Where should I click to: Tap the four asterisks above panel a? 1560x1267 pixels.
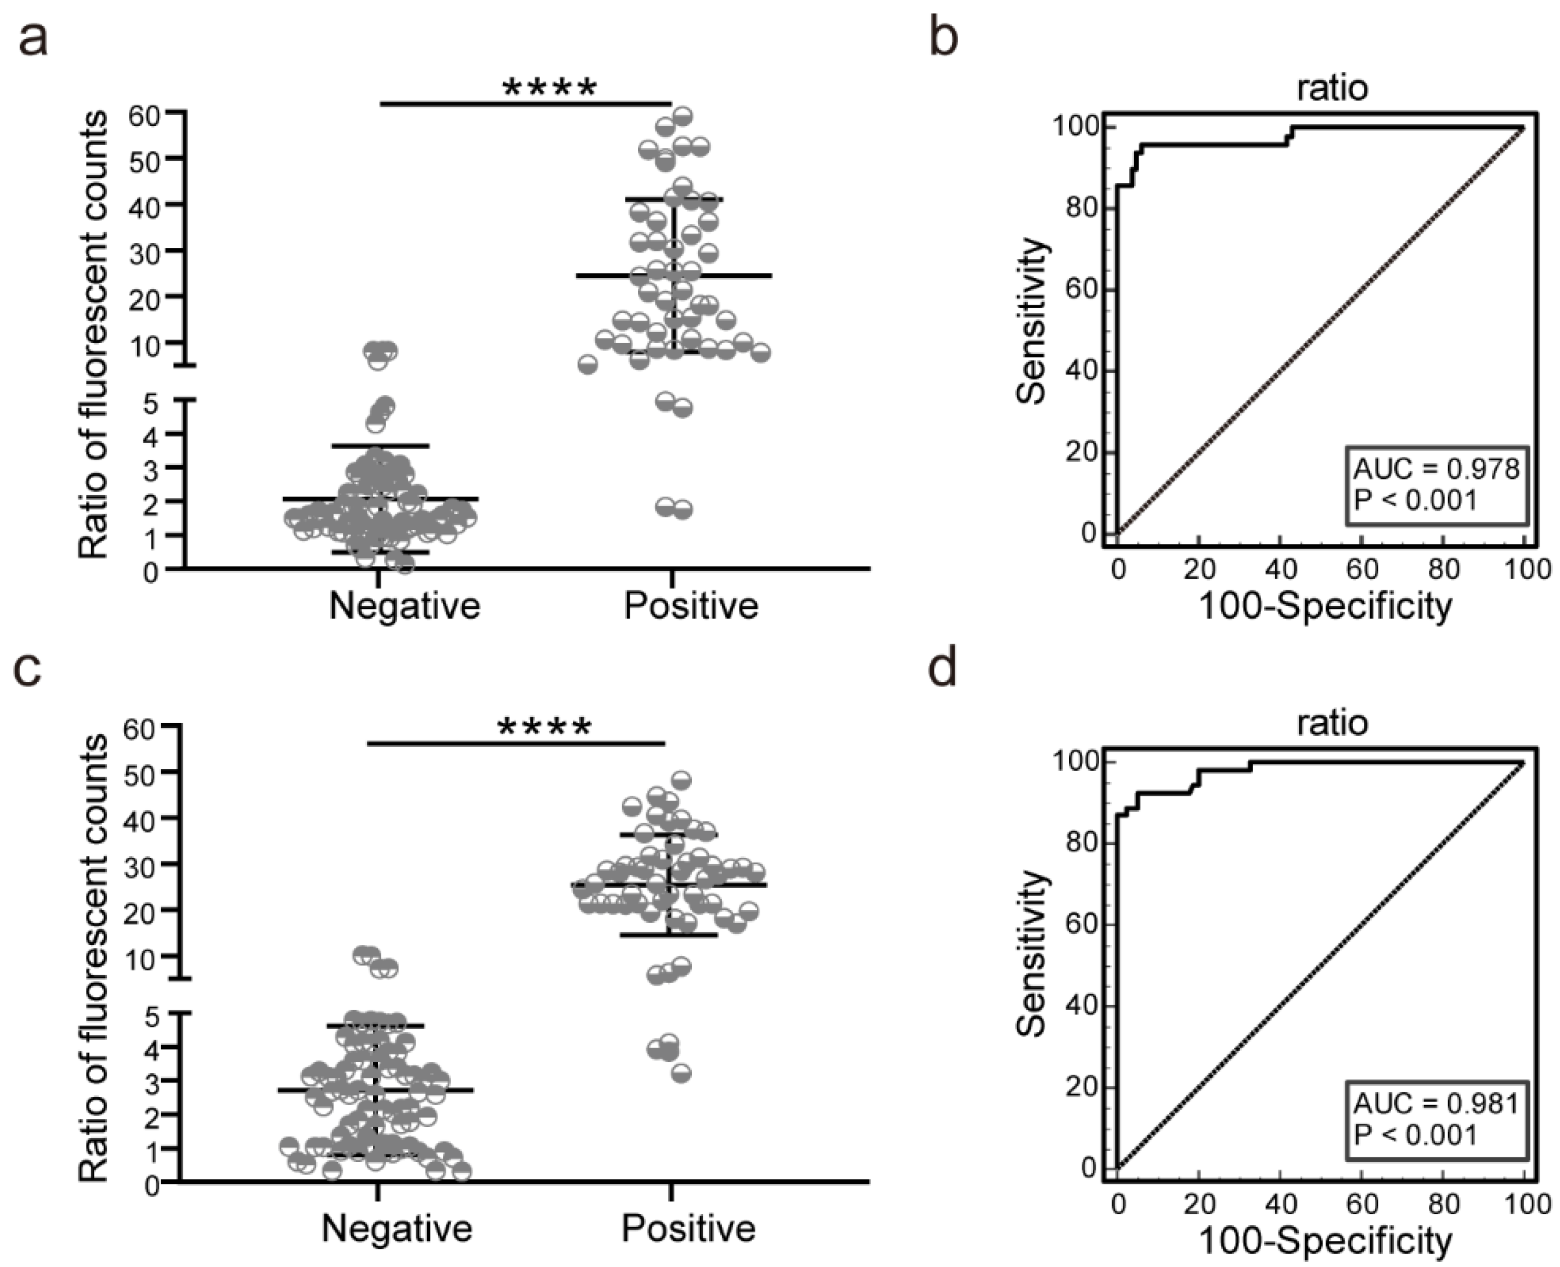(550, 89)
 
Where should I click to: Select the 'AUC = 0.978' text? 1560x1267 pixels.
(1436, 468)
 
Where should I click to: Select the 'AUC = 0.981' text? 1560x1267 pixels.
(1436, 1103)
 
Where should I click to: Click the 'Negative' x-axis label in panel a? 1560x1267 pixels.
(405, 606)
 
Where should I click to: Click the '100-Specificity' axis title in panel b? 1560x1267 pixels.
(1324, 606)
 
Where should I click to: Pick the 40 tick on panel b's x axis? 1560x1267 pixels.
(1280, 569)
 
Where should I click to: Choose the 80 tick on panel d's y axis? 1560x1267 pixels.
(1082, 843)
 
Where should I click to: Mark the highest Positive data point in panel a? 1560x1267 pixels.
(682, 115)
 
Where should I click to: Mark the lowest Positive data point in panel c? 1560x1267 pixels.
(681, 1074)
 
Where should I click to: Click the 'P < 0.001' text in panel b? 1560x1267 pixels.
(1415, 501)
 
